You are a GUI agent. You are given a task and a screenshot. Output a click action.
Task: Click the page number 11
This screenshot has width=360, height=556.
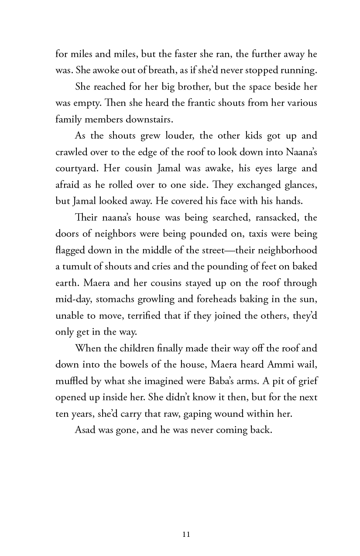click(186, 534)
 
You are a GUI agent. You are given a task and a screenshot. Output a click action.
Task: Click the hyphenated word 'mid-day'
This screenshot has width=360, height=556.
click(71, 299)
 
